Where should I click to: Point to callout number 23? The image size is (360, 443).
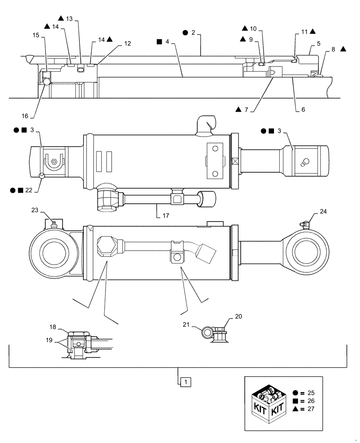click(35, 210)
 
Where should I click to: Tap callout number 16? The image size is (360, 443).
click(25, 116)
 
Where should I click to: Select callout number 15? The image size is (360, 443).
click(36, 35)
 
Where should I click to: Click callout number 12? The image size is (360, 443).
click(127, 43)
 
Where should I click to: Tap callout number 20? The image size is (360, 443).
click(238, 317)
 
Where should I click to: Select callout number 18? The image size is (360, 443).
click(53, 326)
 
